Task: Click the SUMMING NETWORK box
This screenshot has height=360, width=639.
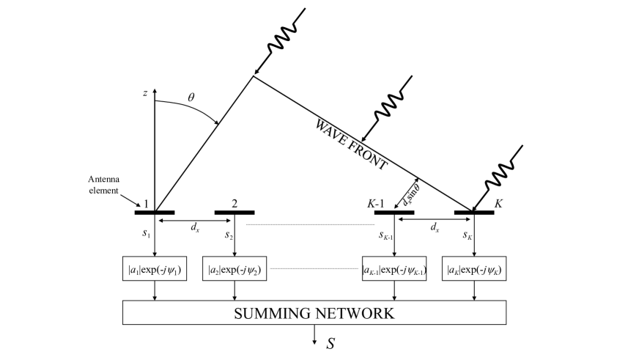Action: point(314,314)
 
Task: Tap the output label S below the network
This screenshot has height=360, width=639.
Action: point(330,343)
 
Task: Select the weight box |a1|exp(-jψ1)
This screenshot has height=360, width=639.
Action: point(154,269)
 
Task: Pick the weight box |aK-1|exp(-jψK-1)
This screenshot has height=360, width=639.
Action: point(394,269)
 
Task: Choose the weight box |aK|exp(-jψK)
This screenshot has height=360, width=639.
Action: point(474,269)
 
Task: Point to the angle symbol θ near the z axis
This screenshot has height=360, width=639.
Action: point(192,96)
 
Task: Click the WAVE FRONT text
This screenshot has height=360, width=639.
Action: point(351,142)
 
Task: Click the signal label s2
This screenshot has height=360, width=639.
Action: point(229,235)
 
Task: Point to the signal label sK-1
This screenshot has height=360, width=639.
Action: point(386,235)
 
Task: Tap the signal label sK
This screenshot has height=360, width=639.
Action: point(467,235)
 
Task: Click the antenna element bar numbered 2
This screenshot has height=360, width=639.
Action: point(234,213)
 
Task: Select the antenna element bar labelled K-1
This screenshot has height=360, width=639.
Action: point(394,213)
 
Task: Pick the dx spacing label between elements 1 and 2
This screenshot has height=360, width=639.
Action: point(195,227)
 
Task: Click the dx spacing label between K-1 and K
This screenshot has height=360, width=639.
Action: point(435,227)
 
